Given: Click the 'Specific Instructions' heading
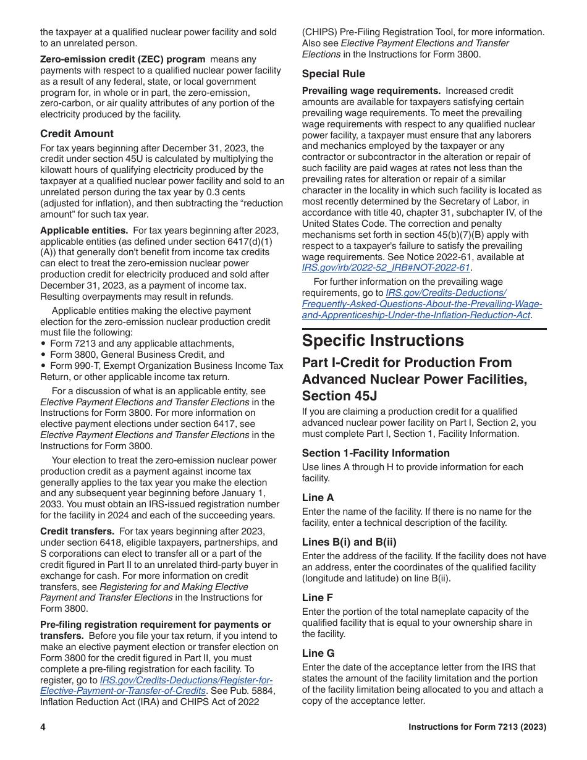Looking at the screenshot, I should point(382,341).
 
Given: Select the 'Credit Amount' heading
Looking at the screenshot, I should point(77,133).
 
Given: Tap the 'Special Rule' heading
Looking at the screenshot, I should point(333,74).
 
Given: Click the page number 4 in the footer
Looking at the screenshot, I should point(43,727).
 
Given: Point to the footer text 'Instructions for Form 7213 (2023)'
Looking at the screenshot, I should point(477,727).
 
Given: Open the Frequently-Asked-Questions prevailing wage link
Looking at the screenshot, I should point(421,304).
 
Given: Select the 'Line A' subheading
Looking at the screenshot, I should point(318,497).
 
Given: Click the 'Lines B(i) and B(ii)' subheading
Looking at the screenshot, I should point(349,542).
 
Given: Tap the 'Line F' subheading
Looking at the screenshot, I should point(318,597).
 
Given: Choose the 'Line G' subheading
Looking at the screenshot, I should point(318,653).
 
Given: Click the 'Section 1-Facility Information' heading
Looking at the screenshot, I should point(376,453).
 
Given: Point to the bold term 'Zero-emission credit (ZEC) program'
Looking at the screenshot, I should point(122,59).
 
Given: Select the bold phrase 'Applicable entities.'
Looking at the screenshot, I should point(84,230).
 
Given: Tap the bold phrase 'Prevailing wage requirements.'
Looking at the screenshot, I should point(371,91).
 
